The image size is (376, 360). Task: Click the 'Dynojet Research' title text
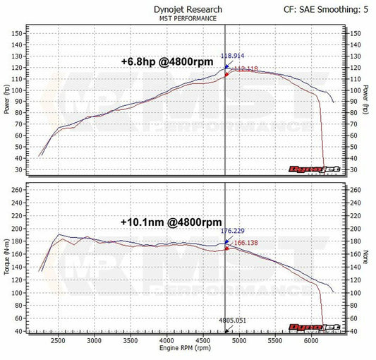(x=188, y=9)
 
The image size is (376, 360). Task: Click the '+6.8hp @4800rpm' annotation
(x=166, y=61)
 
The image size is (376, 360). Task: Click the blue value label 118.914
(x=234, y=54)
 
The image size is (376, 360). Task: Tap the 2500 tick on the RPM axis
(x=58, y=340)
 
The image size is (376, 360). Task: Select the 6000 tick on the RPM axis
(x=311, y=340)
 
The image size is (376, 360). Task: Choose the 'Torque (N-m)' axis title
(x=6, y=256)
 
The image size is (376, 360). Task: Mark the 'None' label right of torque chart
(x=368, y=256)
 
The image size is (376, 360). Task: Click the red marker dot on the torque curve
(x=226, y=248)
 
